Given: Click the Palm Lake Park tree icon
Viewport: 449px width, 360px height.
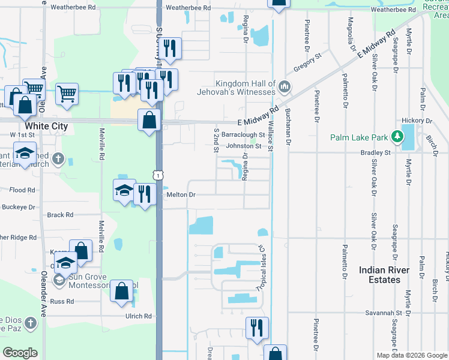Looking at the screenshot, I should point(396,137).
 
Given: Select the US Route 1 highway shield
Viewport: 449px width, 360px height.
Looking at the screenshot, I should point(157,175).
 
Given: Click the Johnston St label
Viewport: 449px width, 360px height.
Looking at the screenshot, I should point(243,146).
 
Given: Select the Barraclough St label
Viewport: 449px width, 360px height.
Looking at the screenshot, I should point(243,135).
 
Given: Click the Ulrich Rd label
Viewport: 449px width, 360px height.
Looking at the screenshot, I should point(139,316).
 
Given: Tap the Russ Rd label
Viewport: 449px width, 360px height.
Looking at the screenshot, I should point(61,301).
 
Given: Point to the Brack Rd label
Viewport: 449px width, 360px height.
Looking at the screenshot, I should point(60,215).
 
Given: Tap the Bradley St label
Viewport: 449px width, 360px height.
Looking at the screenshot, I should point(376,153).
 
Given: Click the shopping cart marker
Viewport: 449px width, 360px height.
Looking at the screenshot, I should point(67,94).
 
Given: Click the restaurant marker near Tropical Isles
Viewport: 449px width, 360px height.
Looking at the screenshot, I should point(257,328).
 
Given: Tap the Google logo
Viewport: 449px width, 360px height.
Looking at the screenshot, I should point(20,353).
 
